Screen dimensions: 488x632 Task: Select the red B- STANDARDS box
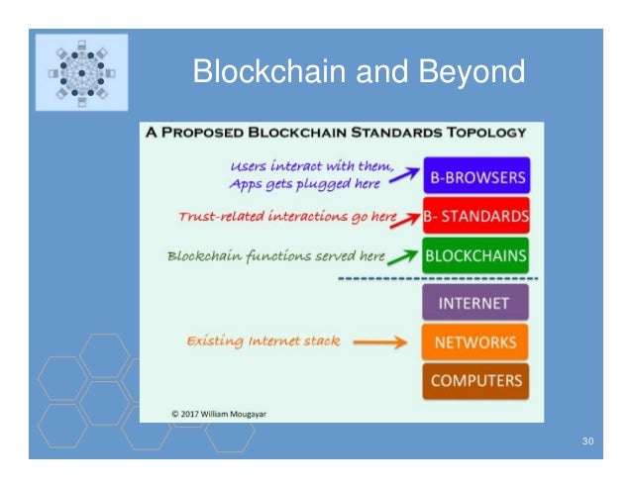pyautogui.click(x=476, y=214)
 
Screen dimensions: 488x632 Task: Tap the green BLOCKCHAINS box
pyautogui.click(x=476, y=255)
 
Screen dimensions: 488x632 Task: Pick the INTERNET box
pyautogui.click(x=475, y=302)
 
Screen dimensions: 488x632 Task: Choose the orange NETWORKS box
pyautogui.click(x=475, y=342)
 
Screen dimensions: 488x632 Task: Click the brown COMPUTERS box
pyautogui.click(x=475, y=381)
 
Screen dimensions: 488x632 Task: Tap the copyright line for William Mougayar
pyautogui.click(x=218, y=411)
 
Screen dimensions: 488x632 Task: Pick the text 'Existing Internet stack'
pyautogui.click(x=263, y=341)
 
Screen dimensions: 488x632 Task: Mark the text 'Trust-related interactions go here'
pyautogui.click(x=287, y=215)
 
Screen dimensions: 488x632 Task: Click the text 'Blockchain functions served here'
pyautogui.click(x=275, y=255)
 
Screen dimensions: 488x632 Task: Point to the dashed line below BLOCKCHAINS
pyautogui.click(x=437, y=279)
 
